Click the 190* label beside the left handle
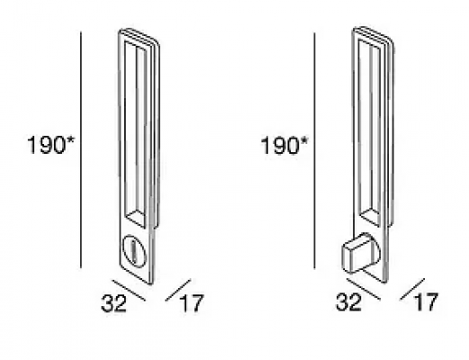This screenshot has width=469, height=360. pos(50,145)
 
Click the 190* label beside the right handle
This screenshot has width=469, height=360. pos(284,146)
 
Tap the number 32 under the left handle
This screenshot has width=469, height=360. pos(113,303)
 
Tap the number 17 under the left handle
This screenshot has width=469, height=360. pos(192,303)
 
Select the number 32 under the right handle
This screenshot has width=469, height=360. pos(348,302)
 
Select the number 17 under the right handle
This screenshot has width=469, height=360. pos(426,302)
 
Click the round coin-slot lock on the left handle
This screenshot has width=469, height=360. pos(135,249)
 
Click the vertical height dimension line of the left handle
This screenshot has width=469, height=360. pos(81,149)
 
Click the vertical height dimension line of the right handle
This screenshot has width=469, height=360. pos(314,150)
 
